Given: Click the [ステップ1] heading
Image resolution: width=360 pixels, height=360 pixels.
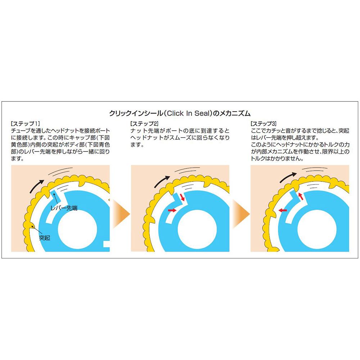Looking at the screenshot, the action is tap(25, 124).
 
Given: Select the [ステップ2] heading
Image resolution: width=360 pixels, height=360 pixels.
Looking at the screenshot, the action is tap(144, 124).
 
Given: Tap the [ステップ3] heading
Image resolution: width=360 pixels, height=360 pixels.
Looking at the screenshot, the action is tap(264, 124).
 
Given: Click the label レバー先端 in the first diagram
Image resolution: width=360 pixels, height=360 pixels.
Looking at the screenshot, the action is tap(64, 208).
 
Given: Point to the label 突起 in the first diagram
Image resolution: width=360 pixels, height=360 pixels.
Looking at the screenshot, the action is tap(45, 238).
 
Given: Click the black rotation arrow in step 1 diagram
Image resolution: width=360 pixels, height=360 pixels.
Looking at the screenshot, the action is tap(36, 186).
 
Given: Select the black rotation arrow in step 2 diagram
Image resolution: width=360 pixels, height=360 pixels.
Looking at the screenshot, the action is tap(162, 182).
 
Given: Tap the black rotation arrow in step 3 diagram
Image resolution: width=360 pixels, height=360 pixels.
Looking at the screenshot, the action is tap(288, 177).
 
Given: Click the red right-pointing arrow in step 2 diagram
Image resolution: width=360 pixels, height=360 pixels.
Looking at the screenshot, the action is tap(172, 210).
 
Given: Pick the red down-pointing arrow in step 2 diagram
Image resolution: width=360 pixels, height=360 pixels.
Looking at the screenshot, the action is tap(182, 197).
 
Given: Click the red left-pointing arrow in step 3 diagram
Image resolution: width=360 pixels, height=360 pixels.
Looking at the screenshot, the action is tap(283, 210).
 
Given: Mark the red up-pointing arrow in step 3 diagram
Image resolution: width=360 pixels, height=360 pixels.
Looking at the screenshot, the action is tap(301, 197).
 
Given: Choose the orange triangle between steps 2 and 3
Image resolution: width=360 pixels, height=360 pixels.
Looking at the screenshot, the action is tap(241, 214).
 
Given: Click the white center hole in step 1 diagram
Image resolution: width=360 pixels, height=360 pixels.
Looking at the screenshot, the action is tap(77, 230).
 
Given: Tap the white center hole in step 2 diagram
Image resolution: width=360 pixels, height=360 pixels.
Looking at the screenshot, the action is tap(197, 230).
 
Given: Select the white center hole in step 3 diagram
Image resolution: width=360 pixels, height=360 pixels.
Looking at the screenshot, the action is tap(317, 230).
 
